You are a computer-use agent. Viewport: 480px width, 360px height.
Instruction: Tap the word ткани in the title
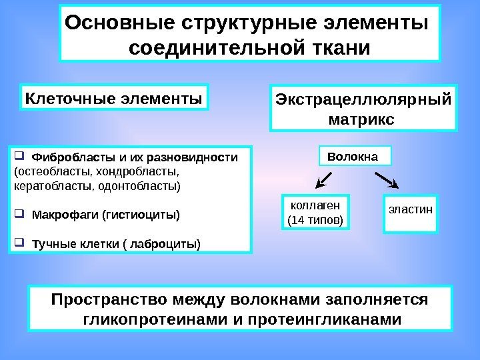(x=338, y=49)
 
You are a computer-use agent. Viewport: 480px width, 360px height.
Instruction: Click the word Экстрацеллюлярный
(x=363, y=100)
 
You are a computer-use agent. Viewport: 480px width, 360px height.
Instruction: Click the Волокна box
(x=352, y=157)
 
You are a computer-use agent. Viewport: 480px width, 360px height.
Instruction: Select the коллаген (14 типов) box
(x=315, y=211)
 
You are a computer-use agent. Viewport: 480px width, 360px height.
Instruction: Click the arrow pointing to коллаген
(x=325, y=179)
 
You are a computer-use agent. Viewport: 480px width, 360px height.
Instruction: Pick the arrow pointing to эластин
(x=387, y=179)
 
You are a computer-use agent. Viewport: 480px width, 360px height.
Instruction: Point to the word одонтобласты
(x=145, y=186)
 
